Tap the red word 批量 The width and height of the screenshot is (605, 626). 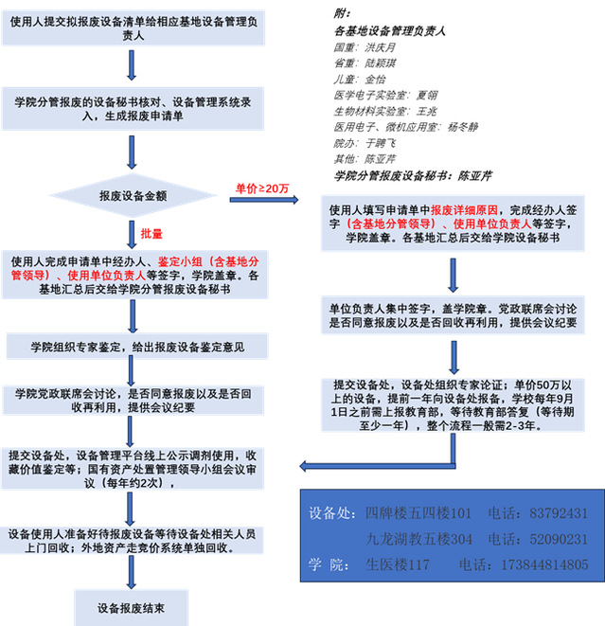click(x=151, y=233)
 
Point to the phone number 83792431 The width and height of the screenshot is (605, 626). click(x=558, y=513)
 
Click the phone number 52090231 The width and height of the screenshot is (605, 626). click(x=558, y=539)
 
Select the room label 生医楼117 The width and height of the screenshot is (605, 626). click(x=398, y=564)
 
